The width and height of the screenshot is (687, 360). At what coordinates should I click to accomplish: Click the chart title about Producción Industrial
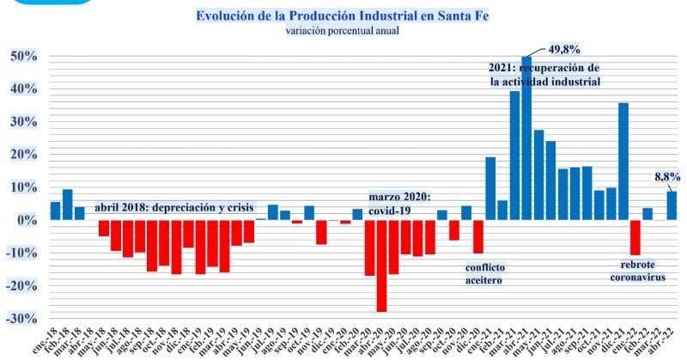[x=343, y=16]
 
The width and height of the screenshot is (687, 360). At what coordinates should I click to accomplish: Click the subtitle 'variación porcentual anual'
[x=343, y=32]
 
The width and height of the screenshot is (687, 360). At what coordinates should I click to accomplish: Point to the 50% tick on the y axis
[x=23, y=57]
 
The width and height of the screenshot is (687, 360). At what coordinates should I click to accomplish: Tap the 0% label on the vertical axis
[x=27, y=221]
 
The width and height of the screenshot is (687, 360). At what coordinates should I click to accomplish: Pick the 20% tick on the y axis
[x=23, y=156]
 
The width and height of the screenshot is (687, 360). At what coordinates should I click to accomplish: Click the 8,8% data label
[x=667, y=177]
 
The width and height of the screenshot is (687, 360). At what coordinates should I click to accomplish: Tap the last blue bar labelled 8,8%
[x=671, y=205]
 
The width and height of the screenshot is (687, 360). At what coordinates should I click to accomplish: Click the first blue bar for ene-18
[x=55, y=211]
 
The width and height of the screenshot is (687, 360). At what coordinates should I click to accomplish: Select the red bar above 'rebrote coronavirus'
[x=635, y=237]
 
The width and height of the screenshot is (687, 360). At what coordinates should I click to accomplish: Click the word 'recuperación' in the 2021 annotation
[x=559, y=67]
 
